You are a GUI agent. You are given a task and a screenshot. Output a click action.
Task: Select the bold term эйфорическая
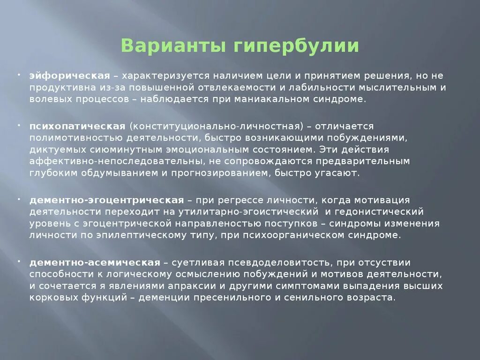point(70,75)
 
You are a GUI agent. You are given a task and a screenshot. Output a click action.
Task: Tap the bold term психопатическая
point(77,126)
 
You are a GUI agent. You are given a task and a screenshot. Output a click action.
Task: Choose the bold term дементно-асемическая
point(95,262)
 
